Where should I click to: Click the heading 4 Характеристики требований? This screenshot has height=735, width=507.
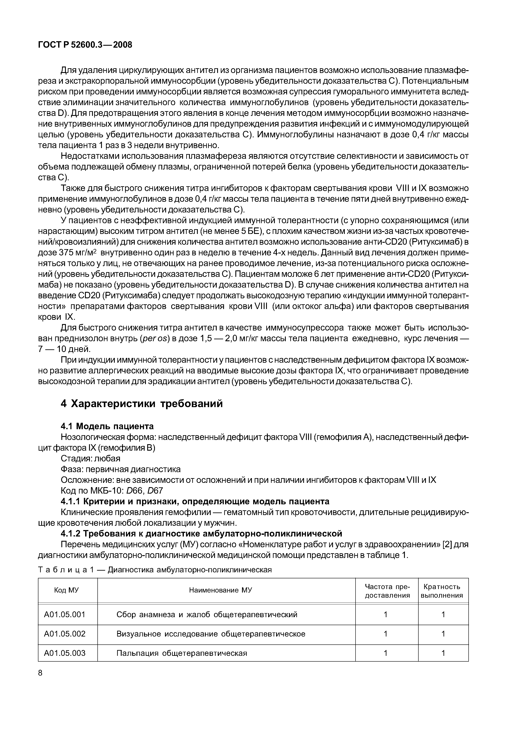click(142, 404)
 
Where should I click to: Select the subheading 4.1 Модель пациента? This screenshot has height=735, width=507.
click(107, 426)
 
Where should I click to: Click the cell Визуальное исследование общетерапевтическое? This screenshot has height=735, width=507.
click(211, 634)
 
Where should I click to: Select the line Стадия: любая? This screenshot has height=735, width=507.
click(90, 458)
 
